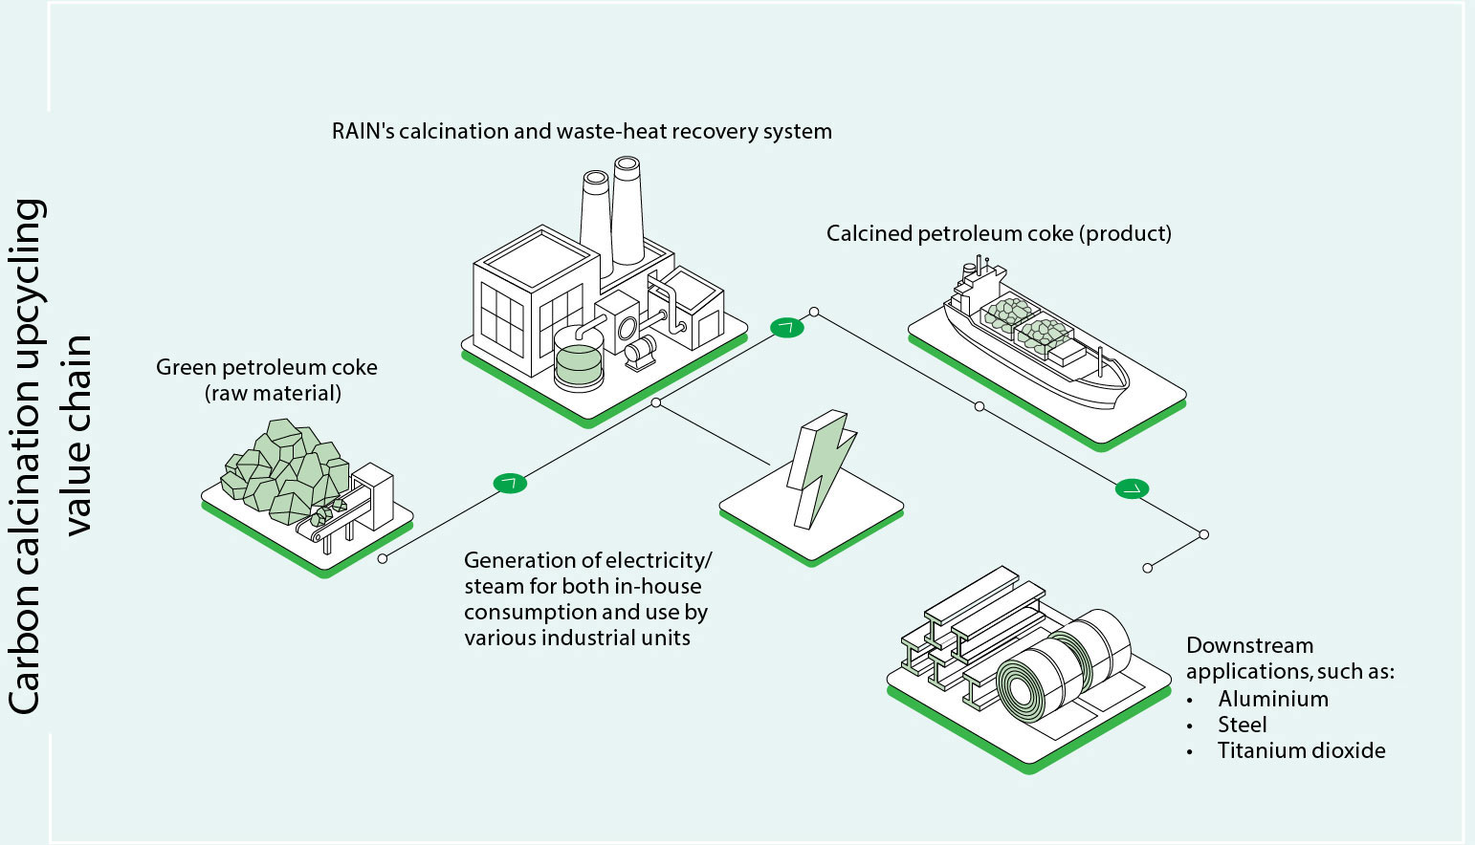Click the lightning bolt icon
click(819, 467)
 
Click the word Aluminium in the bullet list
click(1272, 699)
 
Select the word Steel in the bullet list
click(1242, 725)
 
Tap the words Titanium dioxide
click(1301, 750)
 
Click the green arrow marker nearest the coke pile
click(510, 483)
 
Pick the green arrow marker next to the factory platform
click(787, 328)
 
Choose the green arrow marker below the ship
click(1132, 489)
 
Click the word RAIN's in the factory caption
click(363, 131)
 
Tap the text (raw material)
click(273, 393)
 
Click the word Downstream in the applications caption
click(1249, 645)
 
